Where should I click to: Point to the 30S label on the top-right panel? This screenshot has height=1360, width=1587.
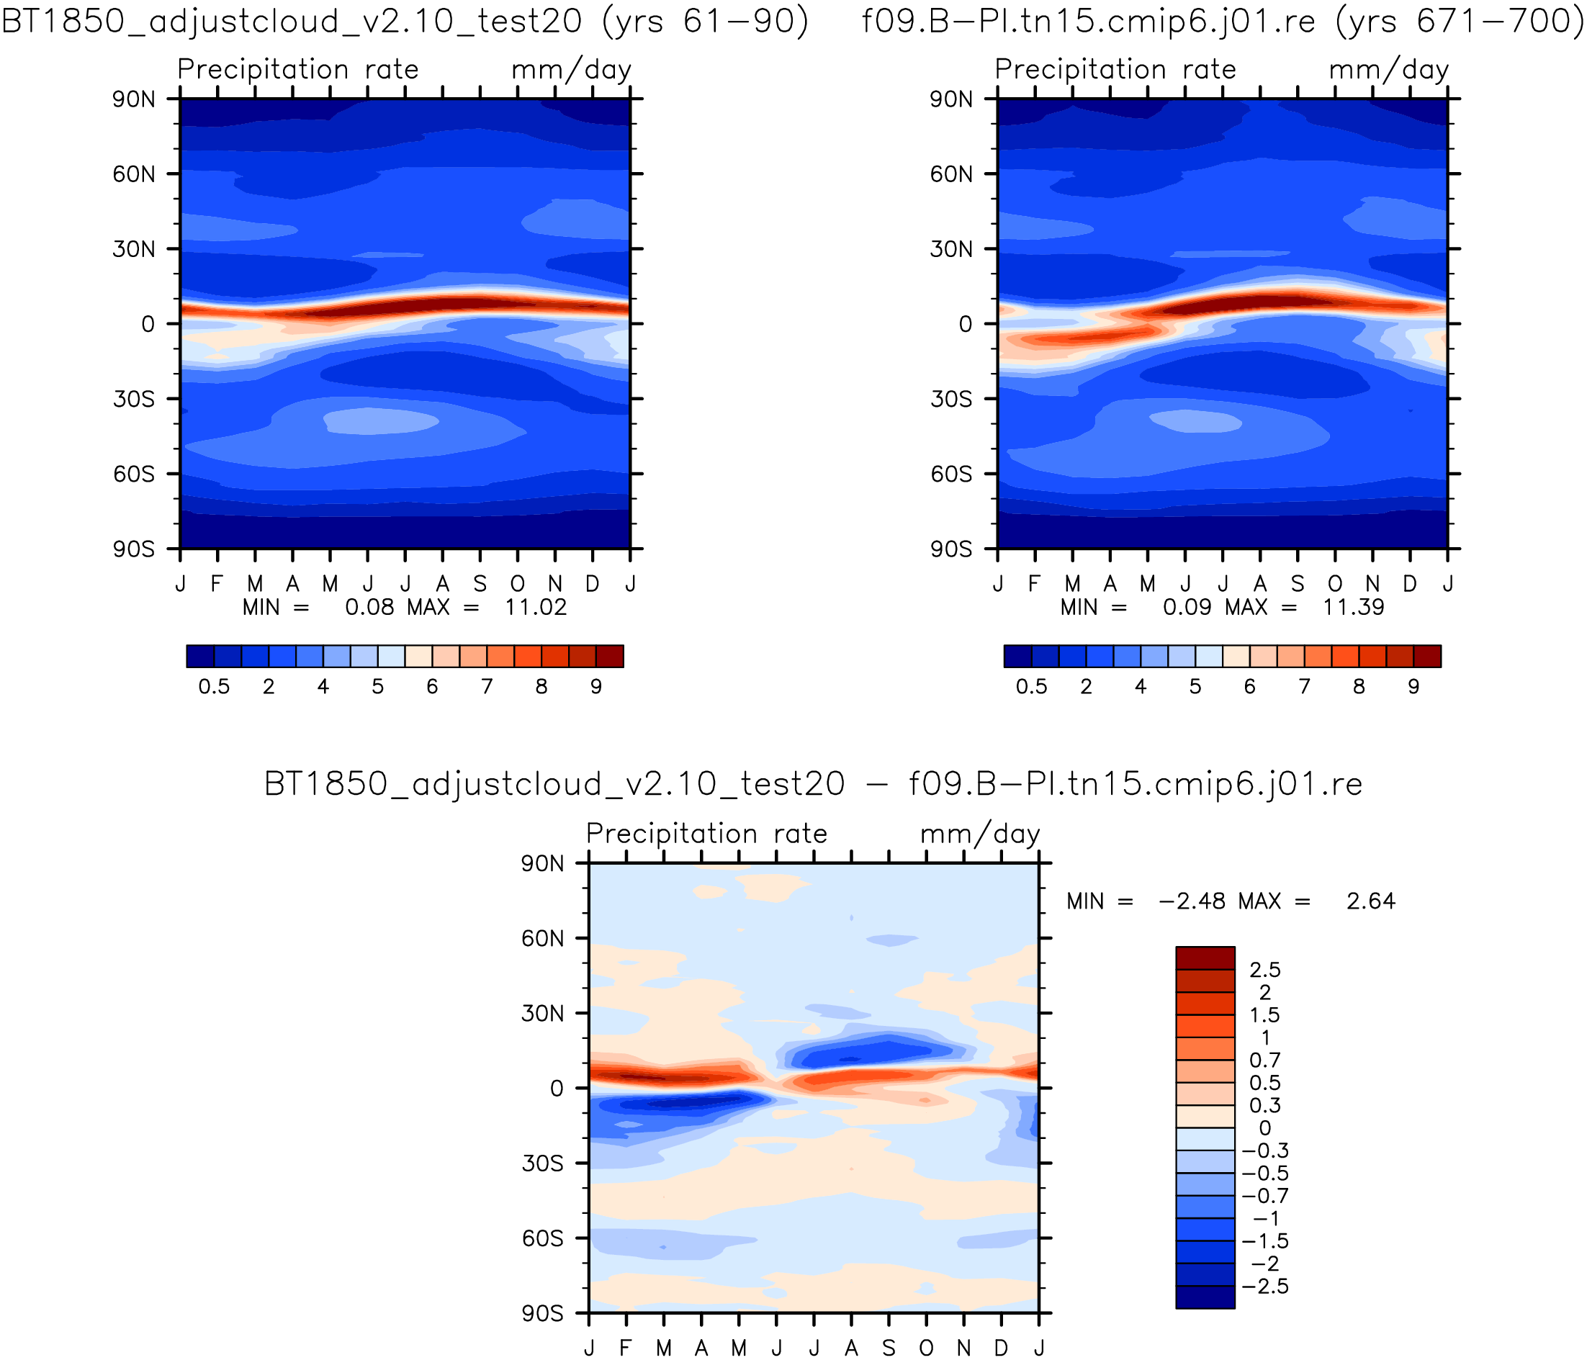point(950,399)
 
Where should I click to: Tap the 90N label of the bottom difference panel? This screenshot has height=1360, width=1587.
point(542,864)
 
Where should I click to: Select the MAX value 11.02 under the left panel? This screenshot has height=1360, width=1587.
point(536,607)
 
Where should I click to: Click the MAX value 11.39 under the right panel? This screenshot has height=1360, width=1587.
point(1354,607)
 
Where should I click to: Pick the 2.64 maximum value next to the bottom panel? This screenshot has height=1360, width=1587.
point(1371,901)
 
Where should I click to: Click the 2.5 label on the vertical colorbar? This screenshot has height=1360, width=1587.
point(1264,971)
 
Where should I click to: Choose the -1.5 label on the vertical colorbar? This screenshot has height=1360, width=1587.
point(1264,1240)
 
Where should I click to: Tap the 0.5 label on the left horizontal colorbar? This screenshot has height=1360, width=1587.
point(214,687)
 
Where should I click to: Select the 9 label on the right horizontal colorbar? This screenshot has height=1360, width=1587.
point(1413,687)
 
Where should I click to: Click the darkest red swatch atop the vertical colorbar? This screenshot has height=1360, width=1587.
point(1205,958)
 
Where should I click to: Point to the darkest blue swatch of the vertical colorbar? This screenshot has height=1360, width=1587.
point(1205,1297)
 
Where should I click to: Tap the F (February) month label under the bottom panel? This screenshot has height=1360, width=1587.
point(626,1348)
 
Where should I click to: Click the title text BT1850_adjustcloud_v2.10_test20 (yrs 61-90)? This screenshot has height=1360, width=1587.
point(405,22)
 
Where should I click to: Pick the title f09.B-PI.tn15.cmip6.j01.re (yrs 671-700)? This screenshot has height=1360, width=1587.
point(1223,22)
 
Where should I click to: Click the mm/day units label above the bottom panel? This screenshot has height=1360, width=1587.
point(979,834)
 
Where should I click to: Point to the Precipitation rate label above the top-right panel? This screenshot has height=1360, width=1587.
point(1115,70)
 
